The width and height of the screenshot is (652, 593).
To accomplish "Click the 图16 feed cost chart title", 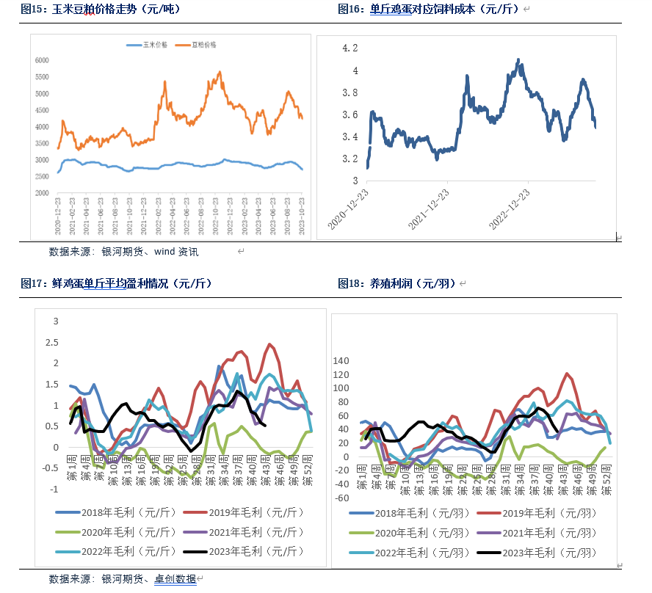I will pyautogui.click(x=430, y=10).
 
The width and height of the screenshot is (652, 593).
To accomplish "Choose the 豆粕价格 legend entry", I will pyautogui.click(x=208, y=45).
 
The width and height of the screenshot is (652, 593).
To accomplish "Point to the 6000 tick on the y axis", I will pyautogui.click(x=42, y=60).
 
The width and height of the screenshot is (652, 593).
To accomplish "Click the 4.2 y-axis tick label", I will pyautogui.click(x=350, y=48).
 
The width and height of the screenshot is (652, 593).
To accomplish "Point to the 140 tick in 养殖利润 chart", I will pyautogui.click(x=342, y=361).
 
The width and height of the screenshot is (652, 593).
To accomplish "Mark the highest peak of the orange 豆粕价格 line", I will pyautogui.click(x=220, y=72).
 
